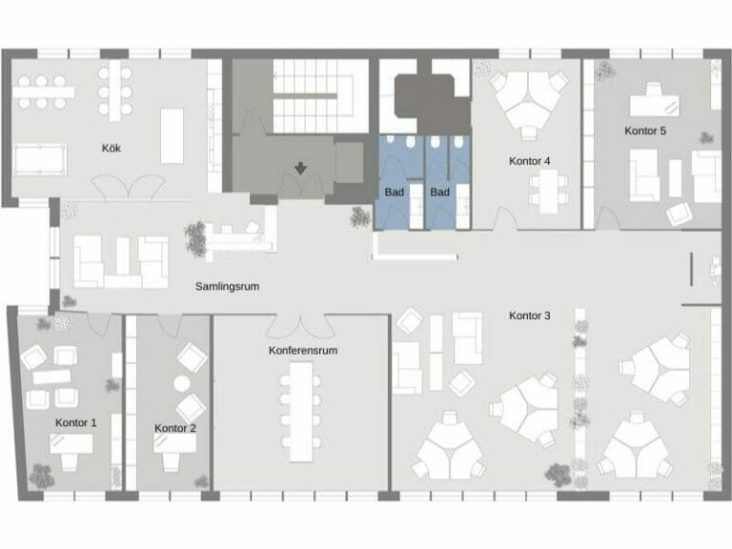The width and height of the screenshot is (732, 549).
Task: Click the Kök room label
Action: (x=112, y=149)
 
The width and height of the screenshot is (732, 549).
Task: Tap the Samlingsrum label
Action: (x=228, y=286)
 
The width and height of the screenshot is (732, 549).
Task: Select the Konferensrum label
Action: (x=303, y=351)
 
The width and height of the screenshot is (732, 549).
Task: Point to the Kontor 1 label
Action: (x=76, y=422)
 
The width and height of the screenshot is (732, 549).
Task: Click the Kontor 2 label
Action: (x=174, y=429)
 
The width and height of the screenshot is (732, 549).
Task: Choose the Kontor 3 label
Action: (x=530, y=315)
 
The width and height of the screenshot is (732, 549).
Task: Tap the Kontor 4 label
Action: (x=530, y=161)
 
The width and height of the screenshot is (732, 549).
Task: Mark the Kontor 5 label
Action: (x=646, y=131)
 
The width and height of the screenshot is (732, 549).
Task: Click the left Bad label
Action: (x=395, y=193)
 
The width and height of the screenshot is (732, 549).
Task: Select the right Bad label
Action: (x=439, y=193)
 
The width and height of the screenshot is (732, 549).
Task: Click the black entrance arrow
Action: (x=301, y=170)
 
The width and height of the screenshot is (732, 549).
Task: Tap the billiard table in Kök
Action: (x=41, y=156)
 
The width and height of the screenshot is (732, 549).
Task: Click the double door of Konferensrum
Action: (x=302, y=323)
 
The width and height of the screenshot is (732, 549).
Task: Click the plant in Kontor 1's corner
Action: (x=41, y=474)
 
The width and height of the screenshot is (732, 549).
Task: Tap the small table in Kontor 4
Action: (x=548, y=193)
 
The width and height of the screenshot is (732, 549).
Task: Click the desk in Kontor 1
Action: (x=71, y=444)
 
